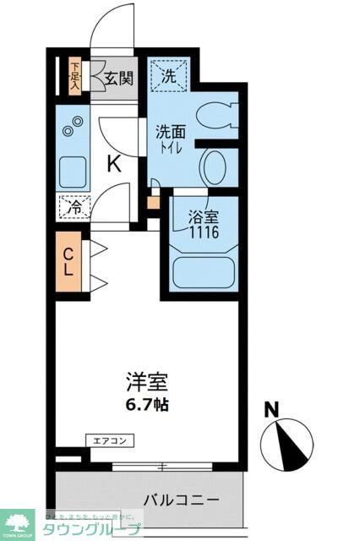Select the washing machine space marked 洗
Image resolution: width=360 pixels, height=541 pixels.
(169, 75)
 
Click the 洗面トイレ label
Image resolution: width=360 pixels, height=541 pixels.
(172, 139)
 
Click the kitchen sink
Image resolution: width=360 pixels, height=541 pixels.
(73, 171)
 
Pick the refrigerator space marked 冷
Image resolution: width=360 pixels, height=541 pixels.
(74, 205)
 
